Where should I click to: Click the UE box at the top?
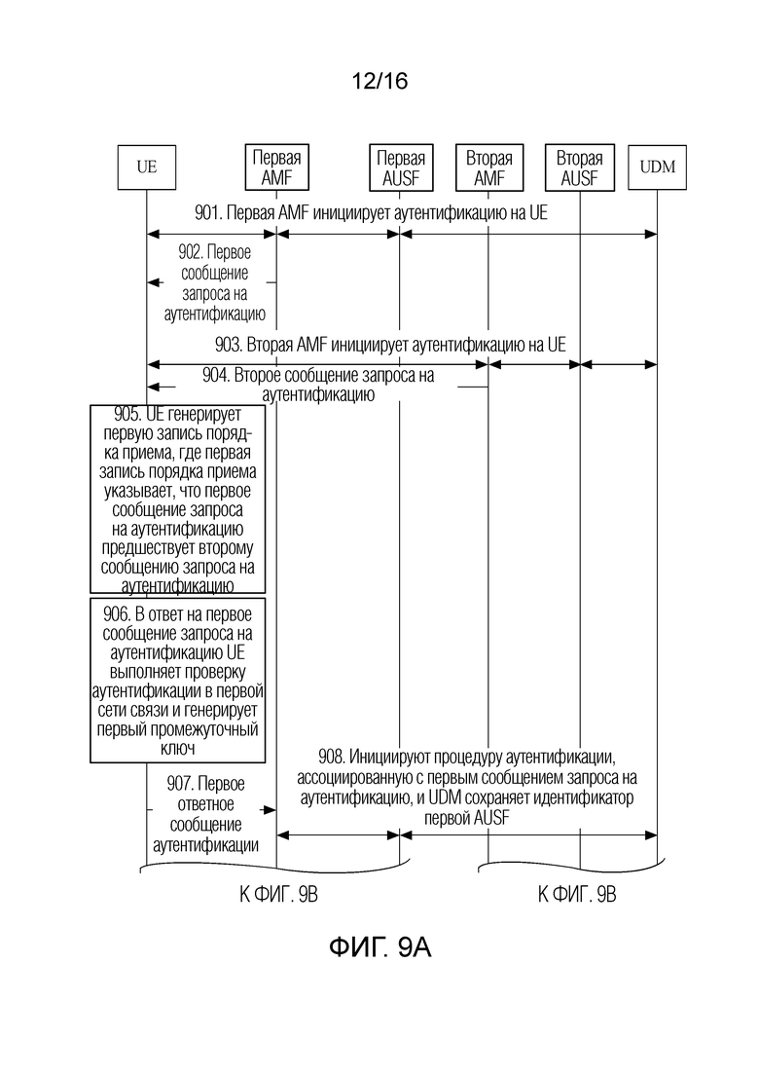(x=147, y=167)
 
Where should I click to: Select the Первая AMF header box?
(x=276, y=167)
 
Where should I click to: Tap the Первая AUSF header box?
(x=401, y=167)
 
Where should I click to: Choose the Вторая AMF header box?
(x=489, y=167)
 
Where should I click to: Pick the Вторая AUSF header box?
(x=580, y=167)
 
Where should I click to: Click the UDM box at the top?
(x=657, y=167)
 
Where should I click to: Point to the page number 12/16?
(x=379, y=81)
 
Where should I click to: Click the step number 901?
(x=207, y=213)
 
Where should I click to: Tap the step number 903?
(x=228, y=345)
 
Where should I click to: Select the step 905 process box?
(x=178, y=499)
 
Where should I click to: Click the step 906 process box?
(x=178, y=681)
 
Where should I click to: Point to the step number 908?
(x=332, y=757)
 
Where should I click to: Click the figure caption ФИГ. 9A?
(x=379, y=947)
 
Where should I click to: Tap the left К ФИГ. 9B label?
(x=278, y=895)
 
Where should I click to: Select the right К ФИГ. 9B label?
(x=577, y=895)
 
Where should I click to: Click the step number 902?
(x=191, y=252)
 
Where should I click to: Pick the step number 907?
(x=180, y=784)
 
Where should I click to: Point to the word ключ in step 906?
(x=178, y=749)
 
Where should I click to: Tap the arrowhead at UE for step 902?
(x=152, y=282)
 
